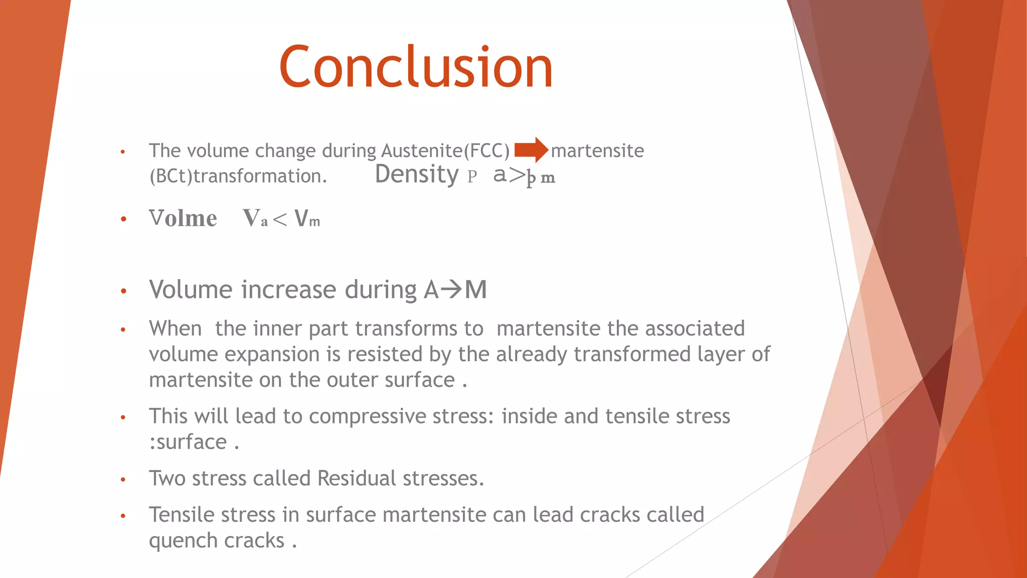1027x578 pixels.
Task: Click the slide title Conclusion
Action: pyautogui.click(x=416, y=67)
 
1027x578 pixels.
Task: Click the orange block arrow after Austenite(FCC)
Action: pyautogui.click(x=531, y=150)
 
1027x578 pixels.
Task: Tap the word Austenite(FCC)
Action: pyautogui.click(x=445, y=151)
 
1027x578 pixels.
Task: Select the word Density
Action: pyautogui.click(x=416, y=175)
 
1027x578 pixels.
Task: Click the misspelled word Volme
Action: pyautogui.click(x=183, y=219)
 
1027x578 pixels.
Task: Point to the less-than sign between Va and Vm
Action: pyautogui.click(x=280, y=219)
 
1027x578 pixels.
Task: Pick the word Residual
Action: pyautogui.click(x=357, y=478)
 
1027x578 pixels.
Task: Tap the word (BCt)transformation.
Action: pyautogui.click(x=238, y=177)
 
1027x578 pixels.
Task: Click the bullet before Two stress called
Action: pyautogui.click(x=123, y=480)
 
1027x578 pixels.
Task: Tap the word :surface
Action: pyautogui.click(x=188, y=443)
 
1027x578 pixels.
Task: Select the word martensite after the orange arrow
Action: pyautogui.click(x=597, y=151)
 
